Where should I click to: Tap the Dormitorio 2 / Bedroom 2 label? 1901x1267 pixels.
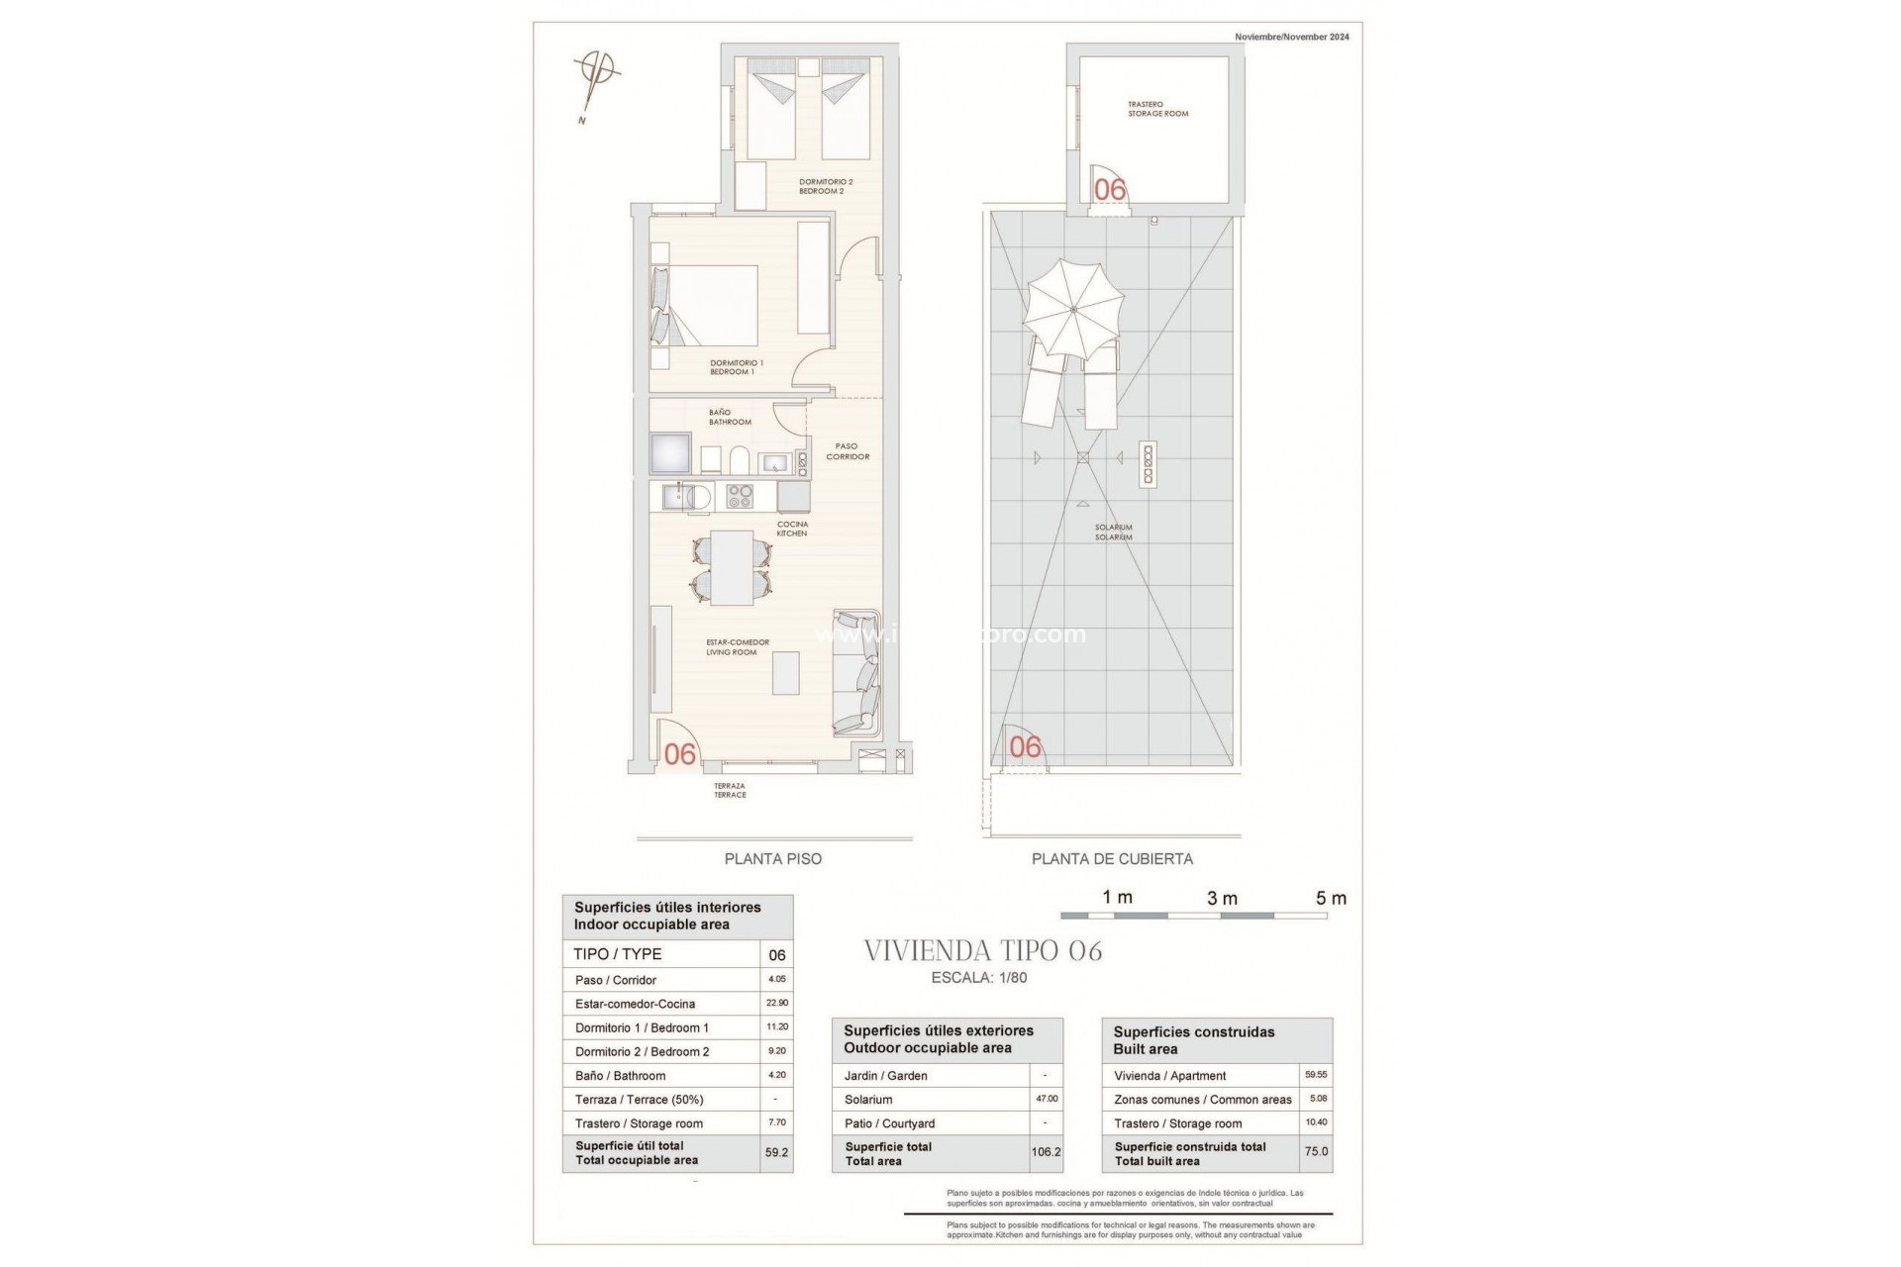click(825, 186)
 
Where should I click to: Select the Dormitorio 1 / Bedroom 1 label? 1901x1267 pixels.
click(736, 367)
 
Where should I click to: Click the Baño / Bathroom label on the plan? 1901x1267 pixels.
click(730, 417)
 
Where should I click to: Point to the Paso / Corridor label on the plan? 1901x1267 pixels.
click(847, 451)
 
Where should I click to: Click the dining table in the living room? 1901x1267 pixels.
click(732, 567)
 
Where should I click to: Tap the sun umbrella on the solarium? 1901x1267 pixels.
click(1074, 309)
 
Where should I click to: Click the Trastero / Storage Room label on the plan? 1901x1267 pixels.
click(1157, 109)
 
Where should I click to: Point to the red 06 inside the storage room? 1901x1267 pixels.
click(1110, 189)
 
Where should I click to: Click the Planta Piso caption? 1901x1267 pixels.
click(772, 859)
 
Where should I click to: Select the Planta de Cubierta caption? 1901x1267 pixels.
click(1112, 859)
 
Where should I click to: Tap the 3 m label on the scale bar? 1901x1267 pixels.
click(1222, 899)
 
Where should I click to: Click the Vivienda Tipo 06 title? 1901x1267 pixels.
click(982, 951)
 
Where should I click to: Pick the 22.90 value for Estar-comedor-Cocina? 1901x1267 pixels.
click(776, 1003)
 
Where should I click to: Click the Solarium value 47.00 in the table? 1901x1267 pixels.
click(1046, 1099)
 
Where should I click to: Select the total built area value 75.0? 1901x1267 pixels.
click(1316, 1152)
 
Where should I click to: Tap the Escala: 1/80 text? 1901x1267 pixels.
click(980, 978)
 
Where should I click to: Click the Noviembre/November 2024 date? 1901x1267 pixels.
click(1291, 37)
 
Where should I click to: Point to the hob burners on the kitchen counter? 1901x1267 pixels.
click(739, 495)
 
